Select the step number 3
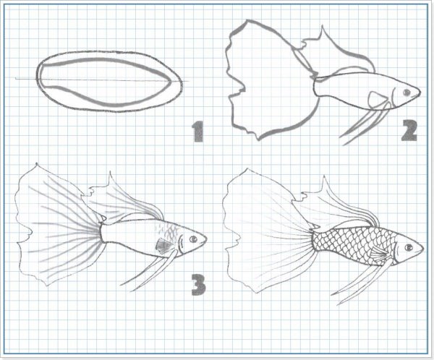198,285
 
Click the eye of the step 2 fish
407,92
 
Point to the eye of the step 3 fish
193,239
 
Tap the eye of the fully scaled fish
409,247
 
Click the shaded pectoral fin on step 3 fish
163,246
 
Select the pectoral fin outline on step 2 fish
377,99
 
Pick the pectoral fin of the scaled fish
380,254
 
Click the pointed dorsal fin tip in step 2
322,26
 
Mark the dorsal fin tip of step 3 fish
110,172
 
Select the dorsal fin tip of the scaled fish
323,176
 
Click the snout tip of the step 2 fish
420,91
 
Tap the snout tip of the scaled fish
423,247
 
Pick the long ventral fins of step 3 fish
150,270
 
